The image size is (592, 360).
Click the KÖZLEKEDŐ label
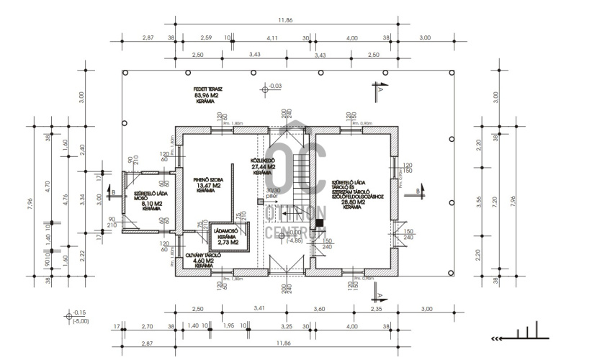tap(261, 161)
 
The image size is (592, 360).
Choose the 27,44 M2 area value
tap(261, 166)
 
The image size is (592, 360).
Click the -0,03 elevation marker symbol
tap(264, 89)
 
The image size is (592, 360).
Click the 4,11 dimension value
tap(272, 37)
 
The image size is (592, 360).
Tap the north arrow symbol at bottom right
tap(516, 334)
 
